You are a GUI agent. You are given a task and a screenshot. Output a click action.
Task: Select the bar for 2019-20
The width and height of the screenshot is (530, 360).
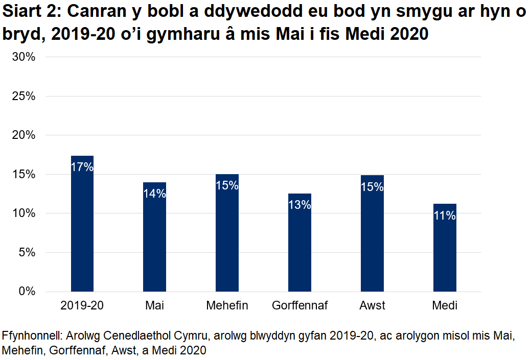(x=82, y=230)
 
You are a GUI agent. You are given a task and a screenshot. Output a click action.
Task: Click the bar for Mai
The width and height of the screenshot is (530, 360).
(x=154, y=240)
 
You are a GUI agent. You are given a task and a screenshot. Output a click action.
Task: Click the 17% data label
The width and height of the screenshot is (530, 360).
(x=82, y=167)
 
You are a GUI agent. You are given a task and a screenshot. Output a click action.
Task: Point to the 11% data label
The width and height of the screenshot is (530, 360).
(x=445, y=215)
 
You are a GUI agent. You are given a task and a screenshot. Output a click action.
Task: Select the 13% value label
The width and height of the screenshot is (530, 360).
(x=299, y=205)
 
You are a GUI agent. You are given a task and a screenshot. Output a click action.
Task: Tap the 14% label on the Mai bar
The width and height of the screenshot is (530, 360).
(x=154, y=194)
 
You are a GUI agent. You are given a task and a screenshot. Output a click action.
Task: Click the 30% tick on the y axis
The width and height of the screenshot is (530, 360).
(x=24, y=57)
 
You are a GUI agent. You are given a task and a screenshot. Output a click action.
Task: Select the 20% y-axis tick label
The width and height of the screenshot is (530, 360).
(x=24, y=135)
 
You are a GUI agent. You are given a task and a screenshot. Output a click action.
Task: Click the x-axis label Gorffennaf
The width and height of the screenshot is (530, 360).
(x=299, y=306)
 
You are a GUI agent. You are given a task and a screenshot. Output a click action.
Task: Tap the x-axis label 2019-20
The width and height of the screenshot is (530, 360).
(x=82, y=306)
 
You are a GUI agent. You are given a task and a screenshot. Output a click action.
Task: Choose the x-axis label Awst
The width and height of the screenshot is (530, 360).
(x=372, y=306)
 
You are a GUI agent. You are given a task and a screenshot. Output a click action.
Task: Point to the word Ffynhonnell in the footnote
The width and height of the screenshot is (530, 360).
(x=30, y=337)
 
